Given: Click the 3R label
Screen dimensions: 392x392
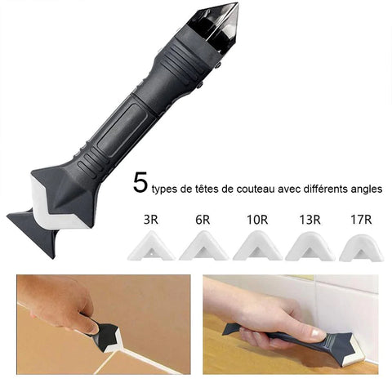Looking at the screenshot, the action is click(151, 220).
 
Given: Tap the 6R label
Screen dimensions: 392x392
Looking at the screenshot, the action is click(203, 220).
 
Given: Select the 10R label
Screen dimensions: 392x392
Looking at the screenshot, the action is click(257, 220).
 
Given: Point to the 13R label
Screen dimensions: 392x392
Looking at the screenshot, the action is click(310, 220).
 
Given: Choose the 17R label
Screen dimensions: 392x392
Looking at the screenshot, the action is click(361, 220).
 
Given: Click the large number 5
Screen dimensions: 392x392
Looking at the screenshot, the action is click(140, 183).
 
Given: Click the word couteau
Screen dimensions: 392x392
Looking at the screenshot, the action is click(256, 189).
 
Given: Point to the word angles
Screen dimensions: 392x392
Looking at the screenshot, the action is click(366, 189).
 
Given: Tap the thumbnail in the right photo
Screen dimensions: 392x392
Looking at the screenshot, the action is click(317, 332).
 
